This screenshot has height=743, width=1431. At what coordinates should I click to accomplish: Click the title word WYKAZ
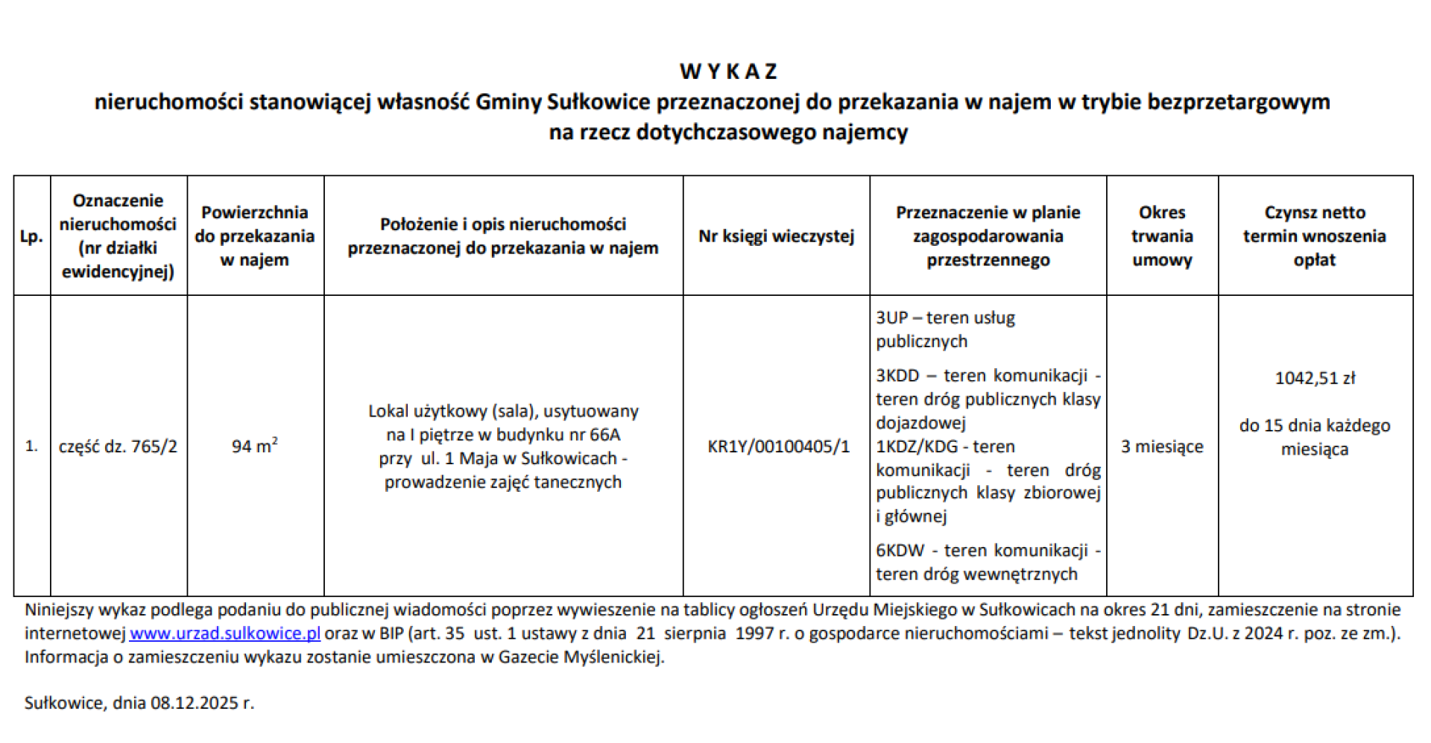(728, 72)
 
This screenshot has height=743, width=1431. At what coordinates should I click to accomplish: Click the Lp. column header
(31, 237)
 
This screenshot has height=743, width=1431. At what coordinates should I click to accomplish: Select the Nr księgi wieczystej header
(776, 236)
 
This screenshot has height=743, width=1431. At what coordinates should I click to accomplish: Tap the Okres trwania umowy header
(1162, 236)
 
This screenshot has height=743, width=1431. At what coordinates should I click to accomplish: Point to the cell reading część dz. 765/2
(118, 446)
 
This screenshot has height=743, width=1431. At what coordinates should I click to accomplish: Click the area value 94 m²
(254, 446)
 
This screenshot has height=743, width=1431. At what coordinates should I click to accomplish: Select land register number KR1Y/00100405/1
(778, 446)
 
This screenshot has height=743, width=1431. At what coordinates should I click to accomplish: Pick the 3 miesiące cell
(1162, 446)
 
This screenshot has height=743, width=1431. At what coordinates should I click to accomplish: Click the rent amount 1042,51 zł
(1315, 378)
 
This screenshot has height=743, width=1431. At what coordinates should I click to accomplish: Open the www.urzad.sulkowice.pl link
(225, 633)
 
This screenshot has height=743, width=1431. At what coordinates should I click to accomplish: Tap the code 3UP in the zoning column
(891, 317)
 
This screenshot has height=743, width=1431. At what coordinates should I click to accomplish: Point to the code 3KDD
(897, 376)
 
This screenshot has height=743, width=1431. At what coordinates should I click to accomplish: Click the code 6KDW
(900, 551)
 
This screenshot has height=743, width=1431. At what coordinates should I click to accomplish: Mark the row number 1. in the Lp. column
(31, 446)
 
